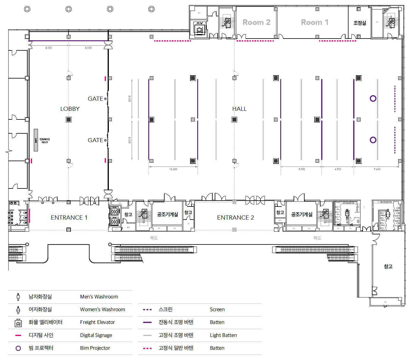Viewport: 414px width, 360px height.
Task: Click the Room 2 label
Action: point(256,22)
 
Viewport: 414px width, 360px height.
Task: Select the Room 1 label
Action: point(314,22)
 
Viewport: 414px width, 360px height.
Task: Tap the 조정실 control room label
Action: point(359,23)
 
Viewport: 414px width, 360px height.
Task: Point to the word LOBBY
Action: point(70,109)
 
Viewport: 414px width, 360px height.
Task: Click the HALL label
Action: point(239,109)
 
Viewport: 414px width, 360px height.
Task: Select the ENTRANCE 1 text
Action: point(69,217)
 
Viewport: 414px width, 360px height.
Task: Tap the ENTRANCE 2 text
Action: point(235,217)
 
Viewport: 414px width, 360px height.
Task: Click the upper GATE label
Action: point(95,99)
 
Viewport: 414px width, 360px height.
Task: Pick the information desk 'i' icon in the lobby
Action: point(36,140)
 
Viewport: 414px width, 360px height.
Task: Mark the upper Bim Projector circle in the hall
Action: point(373,98)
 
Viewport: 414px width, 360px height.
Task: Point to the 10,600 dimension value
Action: point(173,169)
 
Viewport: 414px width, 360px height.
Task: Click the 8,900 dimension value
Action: point(302,169)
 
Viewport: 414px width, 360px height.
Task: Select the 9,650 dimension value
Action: point(377,169)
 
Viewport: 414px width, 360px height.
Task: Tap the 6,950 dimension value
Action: point(338,169)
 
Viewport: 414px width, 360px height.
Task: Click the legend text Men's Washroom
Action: point(99,297)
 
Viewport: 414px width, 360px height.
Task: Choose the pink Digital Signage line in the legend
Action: point(18,335)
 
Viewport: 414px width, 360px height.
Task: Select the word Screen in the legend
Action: point(217,309)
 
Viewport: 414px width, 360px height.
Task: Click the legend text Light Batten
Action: point(223,335)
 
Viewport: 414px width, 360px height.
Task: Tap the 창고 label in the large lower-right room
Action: point(388,266)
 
